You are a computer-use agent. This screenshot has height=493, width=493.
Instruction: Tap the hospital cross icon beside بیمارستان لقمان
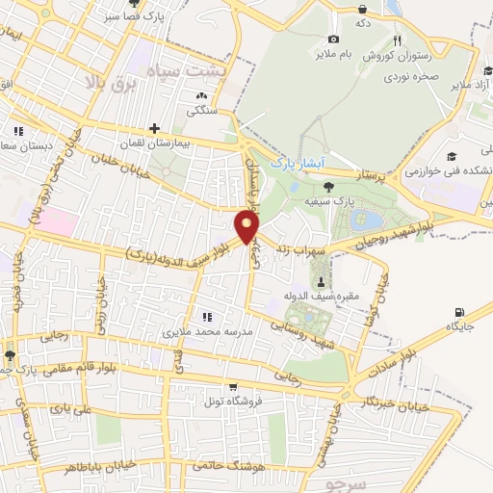[x=153, y=128]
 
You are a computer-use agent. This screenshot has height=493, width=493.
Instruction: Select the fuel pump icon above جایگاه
[x=458, y=312]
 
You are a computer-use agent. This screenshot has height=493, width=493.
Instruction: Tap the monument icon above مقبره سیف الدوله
[x=321, y=279]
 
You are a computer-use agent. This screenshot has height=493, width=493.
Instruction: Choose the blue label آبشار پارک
[x=296, y=163]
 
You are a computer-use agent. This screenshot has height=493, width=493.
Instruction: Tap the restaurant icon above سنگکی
[x=201, y=96]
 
